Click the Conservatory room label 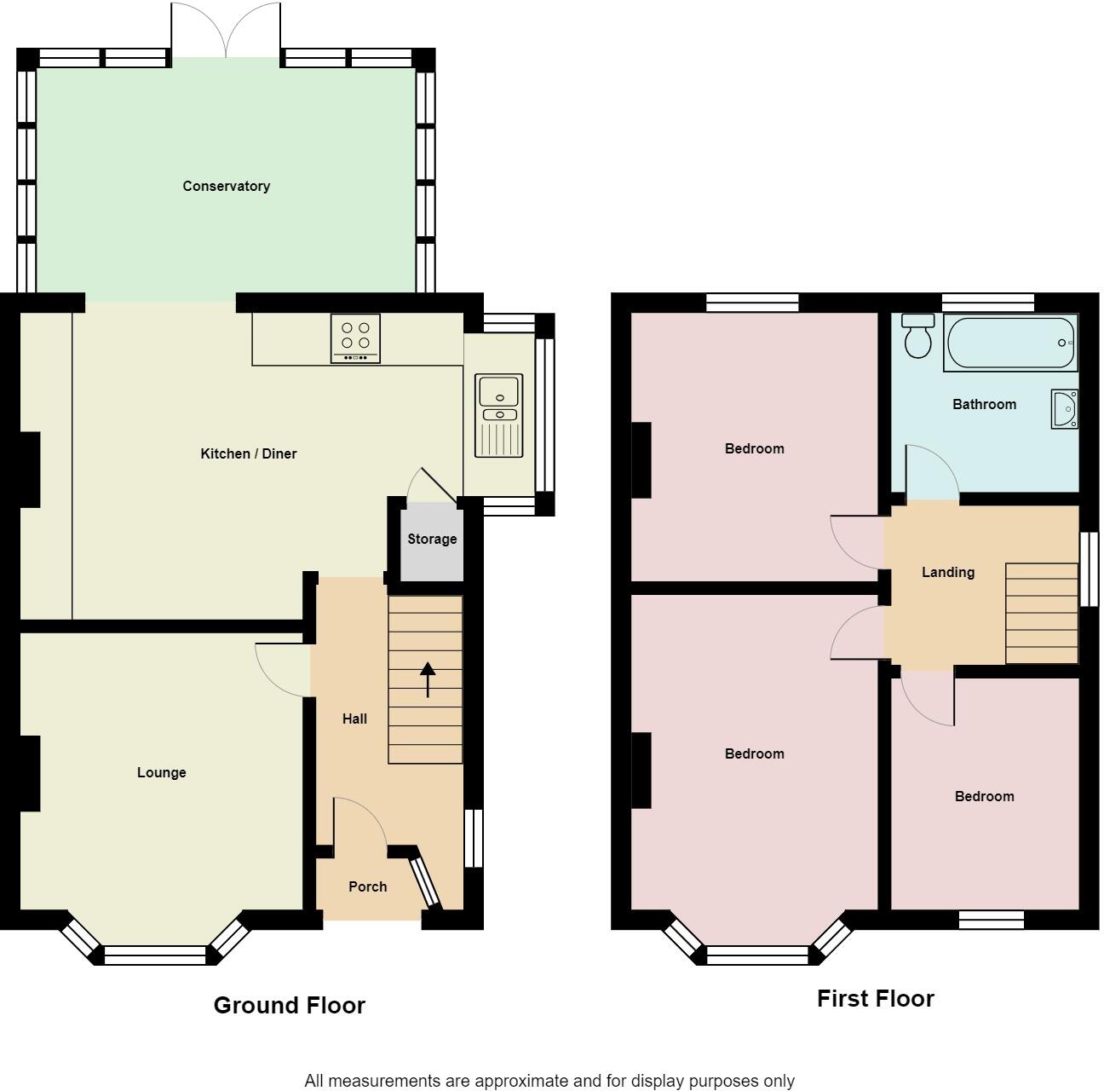pyautogui.click(x=226, y=186)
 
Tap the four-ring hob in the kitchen pyautogui.click(x=355, y=338)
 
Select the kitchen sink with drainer pyautogui.click(x=499, y=415)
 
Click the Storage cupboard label pyautogui.click(x=431, y=539)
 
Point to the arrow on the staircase pyautogui.click(x=427, y=678)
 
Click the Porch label pyautogui.click(x=367, y=886)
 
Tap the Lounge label pyautogui.click(x=161, y=772)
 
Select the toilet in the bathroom pyautogui.click(x=917, y=336)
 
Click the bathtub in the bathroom pyautogui.click(x=1010, y=343)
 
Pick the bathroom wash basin pyautogui.click(x=1064, y=409)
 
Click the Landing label pyautogui.click(x=947, y=572)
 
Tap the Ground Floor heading pyautogui.click(x=289, y=1006)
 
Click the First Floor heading pyautogui.click(x=875, y=999)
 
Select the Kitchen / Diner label pyautogui.click(x=248, y=453)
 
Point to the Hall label pyautogui.click(x=354, y=719)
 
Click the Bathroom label pyautogui.click(x=984, y=404)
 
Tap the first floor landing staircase pyautogui.click(x=1041, y=613)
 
